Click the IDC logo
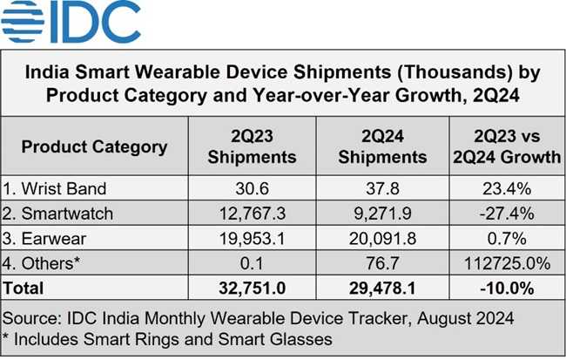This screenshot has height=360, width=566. [x=72, y=23]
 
